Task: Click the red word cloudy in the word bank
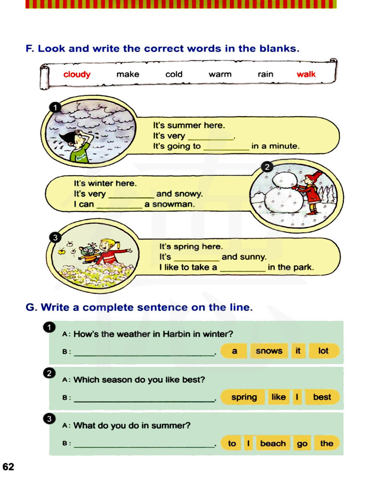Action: pyautogui.click(x=77, y=74)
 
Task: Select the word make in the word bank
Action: pyautogui.click(x=128, y=74)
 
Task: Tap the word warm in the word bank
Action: pyautogui.click(x=220, y=74)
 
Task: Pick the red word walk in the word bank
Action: pyautogui.click(x=306, y=74)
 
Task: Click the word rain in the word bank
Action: pyautogui.click(x=265, y=74)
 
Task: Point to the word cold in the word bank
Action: pyautogui.click(x=174, y=74)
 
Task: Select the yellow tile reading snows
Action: pyautogui.click(x=269, y=351)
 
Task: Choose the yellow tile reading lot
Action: pyautogui.click(x=323, y=351)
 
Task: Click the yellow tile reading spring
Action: pyautogui.click(x=244, y=397)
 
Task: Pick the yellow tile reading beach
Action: pyautogui.click(x=273, y=443)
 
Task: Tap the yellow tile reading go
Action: pyautogui.click(x=302, y=443)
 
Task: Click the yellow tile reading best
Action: pyautogui.click(x=322, y=397)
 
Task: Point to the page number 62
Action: pyautogui.click(x=8, y=467)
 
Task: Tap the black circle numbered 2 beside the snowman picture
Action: pyautogui.click(x=267, y=166)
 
